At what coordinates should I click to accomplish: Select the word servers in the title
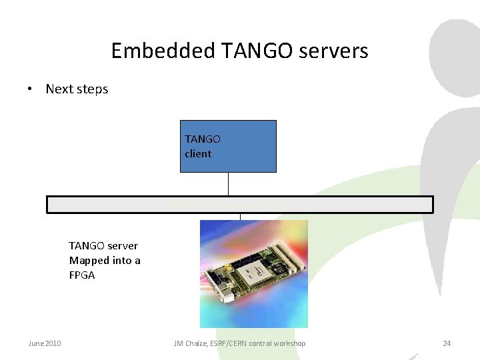click(335, 51)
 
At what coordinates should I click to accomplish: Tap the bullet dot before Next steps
click(31, 89)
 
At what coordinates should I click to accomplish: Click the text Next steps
click(77, 89)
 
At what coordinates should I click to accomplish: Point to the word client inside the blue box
click(198, 154)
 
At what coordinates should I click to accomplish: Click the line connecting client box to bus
click(228, 184)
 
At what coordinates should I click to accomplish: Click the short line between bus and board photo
click(240, 217)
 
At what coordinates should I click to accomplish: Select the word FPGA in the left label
click(82, 275)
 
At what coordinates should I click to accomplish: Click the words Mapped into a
click(105, 261)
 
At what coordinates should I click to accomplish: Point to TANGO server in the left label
click(103, 246)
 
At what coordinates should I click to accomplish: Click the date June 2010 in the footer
click(45, 343)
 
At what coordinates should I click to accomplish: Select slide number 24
click(447, 343)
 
